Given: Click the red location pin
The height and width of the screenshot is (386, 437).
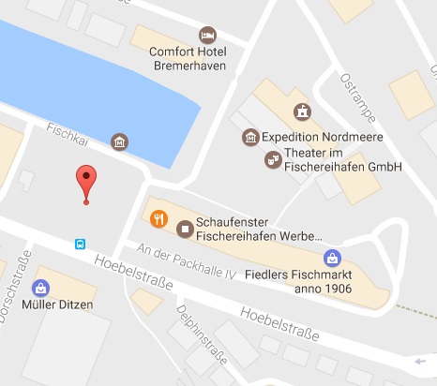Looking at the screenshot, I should click(86, 181).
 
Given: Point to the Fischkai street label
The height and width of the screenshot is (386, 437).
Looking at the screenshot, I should click(67, 133).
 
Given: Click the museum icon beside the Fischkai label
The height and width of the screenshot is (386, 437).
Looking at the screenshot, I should click(119, 142).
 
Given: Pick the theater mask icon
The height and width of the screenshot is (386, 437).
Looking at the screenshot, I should click(272, 160).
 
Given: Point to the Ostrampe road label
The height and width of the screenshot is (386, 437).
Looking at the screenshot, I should click(357, 96).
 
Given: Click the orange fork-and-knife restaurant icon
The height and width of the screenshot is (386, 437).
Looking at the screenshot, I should click(158, 219).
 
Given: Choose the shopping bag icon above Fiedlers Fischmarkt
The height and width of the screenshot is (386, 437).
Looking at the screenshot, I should click(330, 258).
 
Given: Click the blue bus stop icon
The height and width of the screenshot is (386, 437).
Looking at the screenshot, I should click(81, 245).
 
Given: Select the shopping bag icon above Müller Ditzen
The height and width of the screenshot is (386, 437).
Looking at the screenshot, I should click(40, 288).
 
